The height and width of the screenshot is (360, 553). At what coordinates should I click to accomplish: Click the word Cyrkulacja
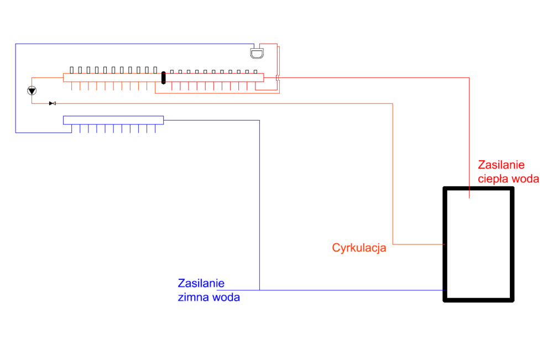[359, 248]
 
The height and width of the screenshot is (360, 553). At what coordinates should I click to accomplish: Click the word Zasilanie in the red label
[501, 165]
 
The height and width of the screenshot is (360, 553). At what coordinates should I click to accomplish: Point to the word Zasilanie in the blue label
[201, 283]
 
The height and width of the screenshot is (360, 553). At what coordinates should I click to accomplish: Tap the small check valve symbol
[53, 103]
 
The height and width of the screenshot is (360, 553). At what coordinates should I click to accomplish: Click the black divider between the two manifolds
[163, 77]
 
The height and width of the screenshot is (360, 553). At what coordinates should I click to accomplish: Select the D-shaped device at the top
[257, 53]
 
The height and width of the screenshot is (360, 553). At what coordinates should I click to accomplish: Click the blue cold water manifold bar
[113, 119]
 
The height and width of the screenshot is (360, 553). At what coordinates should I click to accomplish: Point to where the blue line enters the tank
[445, 290]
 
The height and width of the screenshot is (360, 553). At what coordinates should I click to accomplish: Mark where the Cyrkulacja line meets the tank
[445, 244]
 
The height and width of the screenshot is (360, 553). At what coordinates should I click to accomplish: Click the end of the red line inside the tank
[469, 197]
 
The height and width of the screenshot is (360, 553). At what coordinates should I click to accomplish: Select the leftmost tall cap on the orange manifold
[72, 70]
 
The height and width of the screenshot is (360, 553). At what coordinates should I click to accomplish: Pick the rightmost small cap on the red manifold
[255, 71]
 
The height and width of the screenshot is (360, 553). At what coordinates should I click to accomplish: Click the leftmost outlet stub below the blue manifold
[72, 129]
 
